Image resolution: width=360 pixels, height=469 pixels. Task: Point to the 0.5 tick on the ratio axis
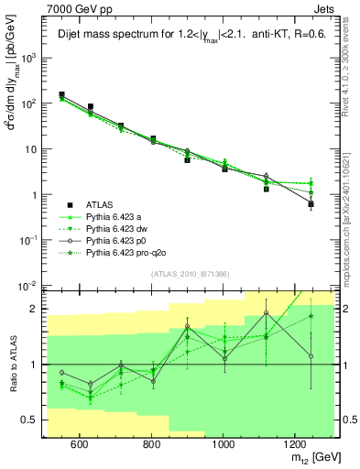click(x=30, y=420)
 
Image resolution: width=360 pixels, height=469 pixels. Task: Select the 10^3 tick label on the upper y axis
click(x=29, y=58)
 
